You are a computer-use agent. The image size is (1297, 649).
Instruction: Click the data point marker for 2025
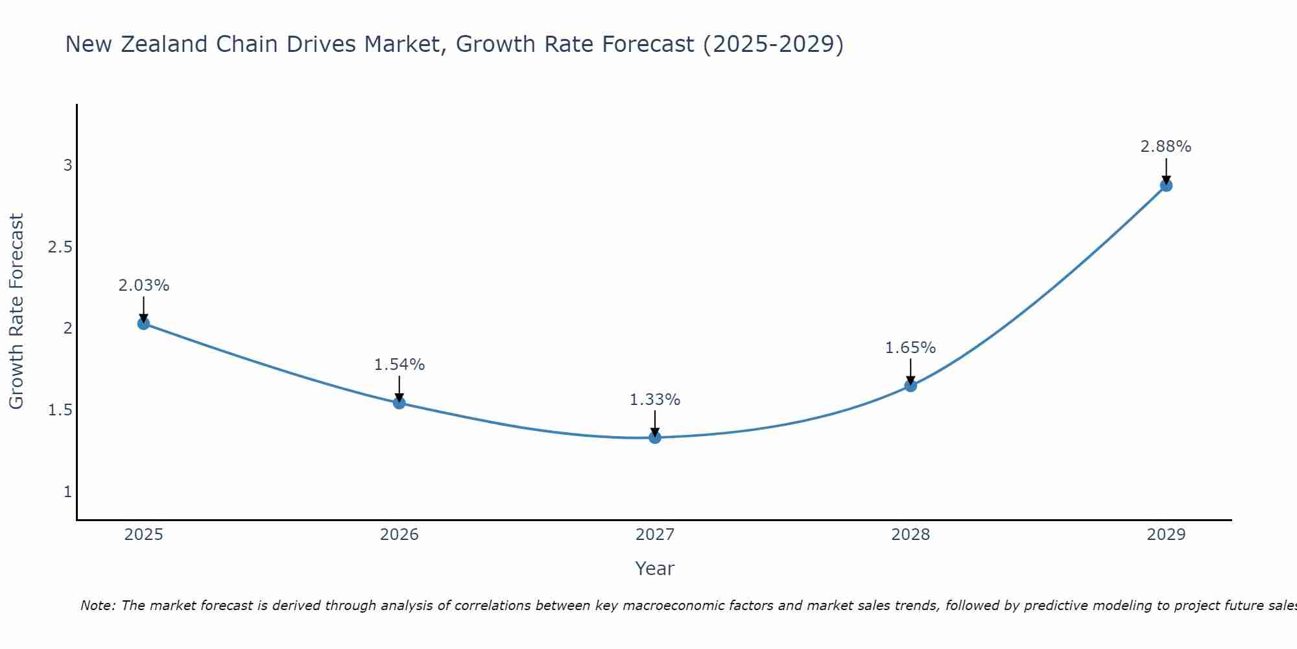point(144,323)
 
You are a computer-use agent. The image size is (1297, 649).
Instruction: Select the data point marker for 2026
point(399,403)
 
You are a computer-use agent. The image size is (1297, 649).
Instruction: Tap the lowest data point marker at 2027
point(655,437)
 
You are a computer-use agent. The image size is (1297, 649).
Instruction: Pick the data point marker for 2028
point(910,386)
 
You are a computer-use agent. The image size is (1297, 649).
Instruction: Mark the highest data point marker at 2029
point(1166,186)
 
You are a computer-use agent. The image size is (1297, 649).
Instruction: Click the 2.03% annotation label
point(144,286)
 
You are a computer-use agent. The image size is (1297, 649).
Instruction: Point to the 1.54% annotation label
point(399,365)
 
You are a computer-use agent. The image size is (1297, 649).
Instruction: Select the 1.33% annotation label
point(655,400)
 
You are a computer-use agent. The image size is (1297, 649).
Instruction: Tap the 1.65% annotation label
point(910,348)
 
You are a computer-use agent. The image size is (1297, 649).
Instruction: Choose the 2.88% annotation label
point(1166,147)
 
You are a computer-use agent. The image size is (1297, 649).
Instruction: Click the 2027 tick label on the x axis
point(655,535)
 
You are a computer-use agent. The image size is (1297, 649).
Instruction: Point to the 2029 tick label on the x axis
point(1166,535)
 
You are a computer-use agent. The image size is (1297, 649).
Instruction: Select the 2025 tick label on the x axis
point(144,535)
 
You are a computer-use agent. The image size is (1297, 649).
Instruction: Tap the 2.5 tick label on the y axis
point(60,247)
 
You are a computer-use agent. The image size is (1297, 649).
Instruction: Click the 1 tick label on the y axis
point(67,492)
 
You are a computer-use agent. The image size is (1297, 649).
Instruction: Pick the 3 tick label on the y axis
point(67,165)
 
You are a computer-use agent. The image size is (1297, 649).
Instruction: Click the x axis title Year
point(655,569)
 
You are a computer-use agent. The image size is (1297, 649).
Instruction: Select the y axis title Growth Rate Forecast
point(16,311)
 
